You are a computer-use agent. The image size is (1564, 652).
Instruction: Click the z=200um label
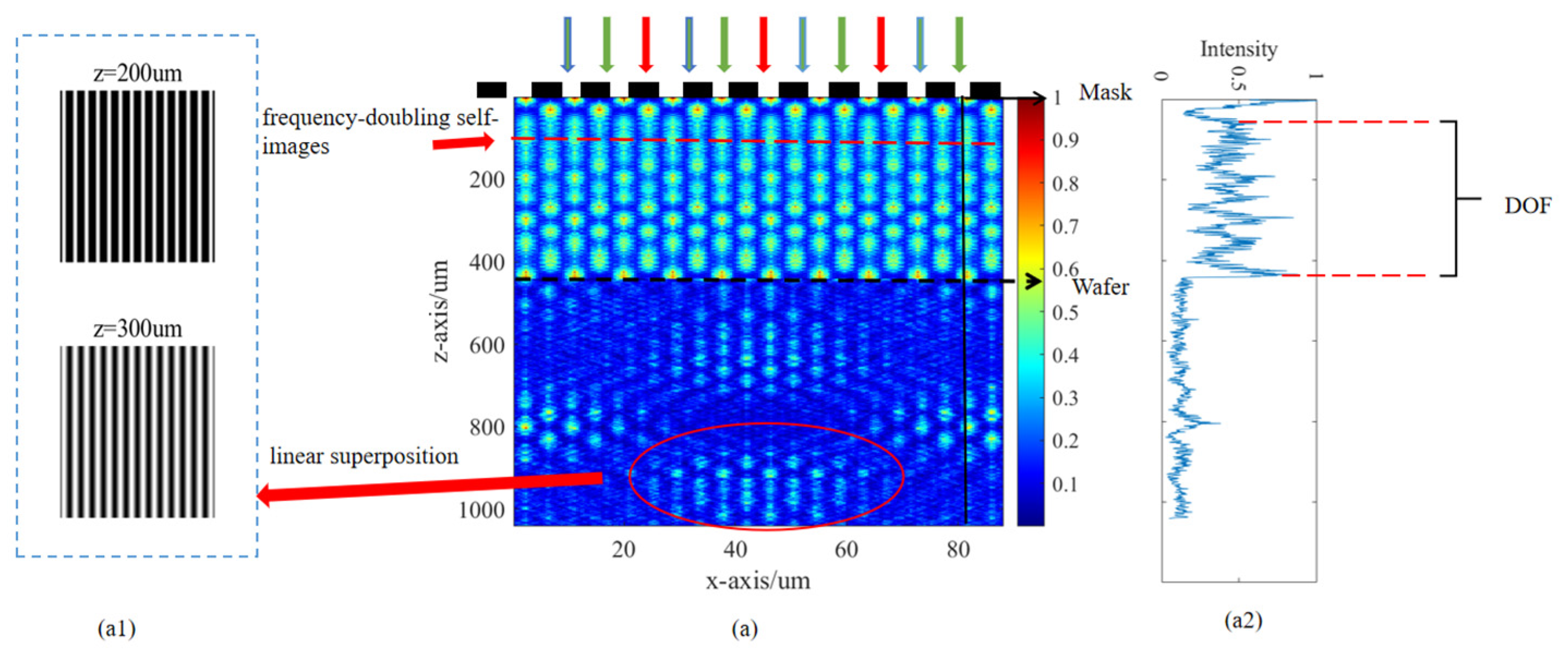click(x=137, y=74)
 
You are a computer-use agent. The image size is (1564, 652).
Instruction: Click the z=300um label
click(x=137, y=329)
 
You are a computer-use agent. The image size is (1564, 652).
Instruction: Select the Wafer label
click(x=1100, y=287)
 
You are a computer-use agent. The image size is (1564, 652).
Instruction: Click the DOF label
click(x=1527, y=206)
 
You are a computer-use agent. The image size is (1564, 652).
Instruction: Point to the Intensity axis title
click(x=1239, y=49)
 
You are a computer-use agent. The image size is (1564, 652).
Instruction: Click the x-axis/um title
click(x=757, y=581)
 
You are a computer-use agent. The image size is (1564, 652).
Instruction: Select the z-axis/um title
click(x=440, y=312)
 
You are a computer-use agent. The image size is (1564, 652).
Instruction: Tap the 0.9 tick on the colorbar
click(x=1065, y=140)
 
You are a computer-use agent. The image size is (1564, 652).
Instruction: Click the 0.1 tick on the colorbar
click(x=1065, y=484)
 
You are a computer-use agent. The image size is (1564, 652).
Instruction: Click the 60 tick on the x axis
click(x=846, y=550)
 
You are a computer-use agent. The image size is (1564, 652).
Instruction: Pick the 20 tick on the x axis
click(x=623, y=550)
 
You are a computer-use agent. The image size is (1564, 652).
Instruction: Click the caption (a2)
click(x=1243, y=620)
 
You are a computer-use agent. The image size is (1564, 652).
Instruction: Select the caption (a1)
click(x=117, y=629)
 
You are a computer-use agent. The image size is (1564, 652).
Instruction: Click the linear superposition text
click(x=363, y=456)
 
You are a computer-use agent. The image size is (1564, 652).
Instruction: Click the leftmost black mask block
click(x=491, y=90)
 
